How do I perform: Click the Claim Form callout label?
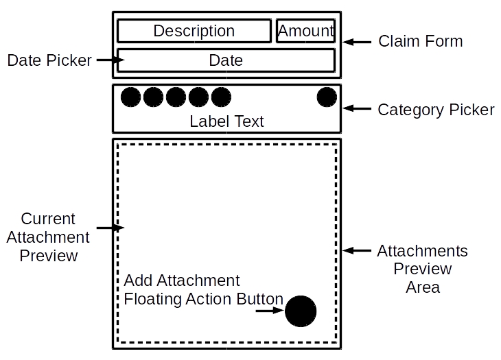[421, 41]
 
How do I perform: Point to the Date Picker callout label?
[49, 60]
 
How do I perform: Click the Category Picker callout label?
[436, 110]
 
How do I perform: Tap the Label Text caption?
[226, 121]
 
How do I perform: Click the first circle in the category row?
[130, 97]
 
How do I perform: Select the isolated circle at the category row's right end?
[327, 97]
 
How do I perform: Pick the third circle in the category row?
[176, 97]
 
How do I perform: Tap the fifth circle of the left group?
[221, 97]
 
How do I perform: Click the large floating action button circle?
[301, 311]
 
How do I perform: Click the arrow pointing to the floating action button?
[270, 310]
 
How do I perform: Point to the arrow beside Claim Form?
[357, 42]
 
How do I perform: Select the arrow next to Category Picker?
[357, 108]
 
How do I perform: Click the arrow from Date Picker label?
[110, 60]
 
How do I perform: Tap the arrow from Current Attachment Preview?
[110, 228]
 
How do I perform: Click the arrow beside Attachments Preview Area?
[357, 250]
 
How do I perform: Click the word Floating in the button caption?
[152, 300]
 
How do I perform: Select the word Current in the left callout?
[48, 219]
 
